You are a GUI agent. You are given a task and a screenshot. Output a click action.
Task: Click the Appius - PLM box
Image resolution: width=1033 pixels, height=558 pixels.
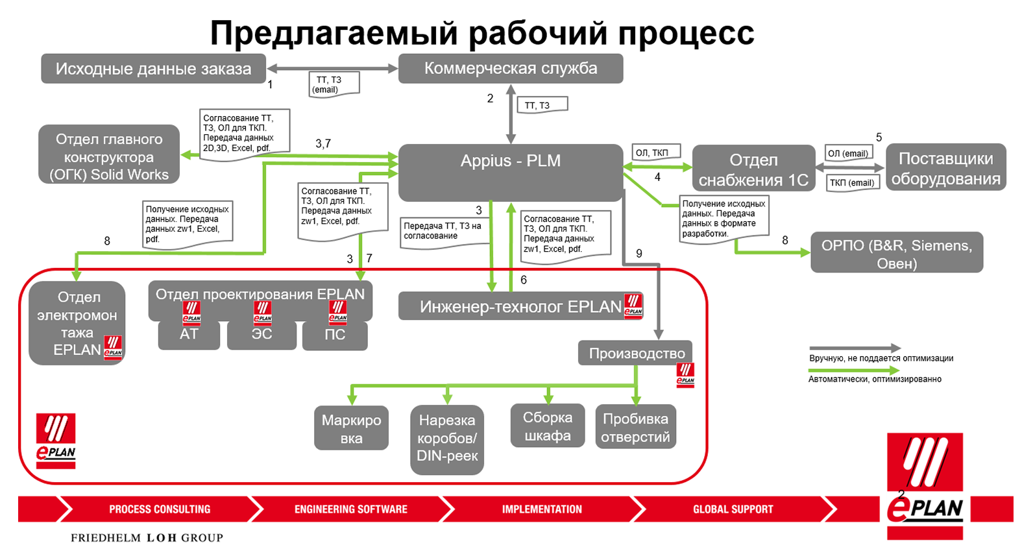click(x=510, y=172)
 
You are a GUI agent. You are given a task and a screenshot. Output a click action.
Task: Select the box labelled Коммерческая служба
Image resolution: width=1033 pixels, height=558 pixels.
click(x=510, y=69)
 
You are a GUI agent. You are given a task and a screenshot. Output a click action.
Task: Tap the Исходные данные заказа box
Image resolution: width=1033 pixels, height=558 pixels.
click(x=153, y=69)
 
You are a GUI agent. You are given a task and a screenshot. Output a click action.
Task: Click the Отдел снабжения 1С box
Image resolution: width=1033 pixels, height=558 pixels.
click(x=753, y=169)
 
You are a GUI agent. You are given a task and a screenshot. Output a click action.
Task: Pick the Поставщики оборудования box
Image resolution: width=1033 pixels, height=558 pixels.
click(x=945, y=168)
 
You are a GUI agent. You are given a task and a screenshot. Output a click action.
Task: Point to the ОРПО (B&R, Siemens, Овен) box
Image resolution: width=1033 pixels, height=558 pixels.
click(x=896, y=254)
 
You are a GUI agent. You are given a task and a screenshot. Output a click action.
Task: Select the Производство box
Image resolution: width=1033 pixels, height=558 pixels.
click(x=636, y=354)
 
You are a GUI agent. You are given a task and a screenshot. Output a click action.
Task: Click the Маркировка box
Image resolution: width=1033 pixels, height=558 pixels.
click(x=351, y=428)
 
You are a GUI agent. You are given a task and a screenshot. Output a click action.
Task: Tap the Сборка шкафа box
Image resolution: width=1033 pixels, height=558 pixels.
click(x=548, y=426)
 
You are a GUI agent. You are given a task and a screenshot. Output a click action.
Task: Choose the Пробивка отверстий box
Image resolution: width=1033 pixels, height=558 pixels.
click(x=635, y=428)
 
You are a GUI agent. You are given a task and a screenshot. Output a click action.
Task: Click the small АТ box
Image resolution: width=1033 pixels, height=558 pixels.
click(x=189, y=335)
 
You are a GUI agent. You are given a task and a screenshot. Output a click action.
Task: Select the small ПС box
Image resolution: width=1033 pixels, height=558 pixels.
click(x=335, y=335)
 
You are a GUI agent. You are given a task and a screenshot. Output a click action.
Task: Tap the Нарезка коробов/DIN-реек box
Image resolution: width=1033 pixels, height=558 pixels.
click(x=446, y=438)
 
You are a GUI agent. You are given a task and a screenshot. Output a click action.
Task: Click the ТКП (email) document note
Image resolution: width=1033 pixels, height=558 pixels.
click(x=851, y=183)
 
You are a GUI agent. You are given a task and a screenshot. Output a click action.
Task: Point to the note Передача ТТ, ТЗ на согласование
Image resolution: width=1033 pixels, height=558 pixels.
click(x=443, y=231)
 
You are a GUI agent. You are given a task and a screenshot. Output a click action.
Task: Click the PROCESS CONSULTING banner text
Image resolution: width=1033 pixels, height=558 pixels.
click(x=160, y=509)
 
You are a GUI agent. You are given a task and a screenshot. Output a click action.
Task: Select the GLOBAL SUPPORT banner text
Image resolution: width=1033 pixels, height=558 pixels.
click(x=733, y=509)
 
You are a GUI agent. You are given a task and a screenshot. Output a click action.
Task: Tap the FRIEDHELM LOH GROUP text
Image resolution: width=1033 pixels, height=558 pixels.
click(x=147, y=538)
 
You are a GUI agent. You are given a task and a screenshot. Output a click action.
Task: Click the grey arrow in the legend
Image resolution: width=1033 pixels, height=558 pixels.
click(x=854, y=348)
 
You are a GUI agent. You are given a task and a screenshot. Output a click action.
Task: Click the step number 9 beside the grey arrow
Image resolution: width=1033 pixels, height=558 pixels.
click(x=639, y=254)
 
